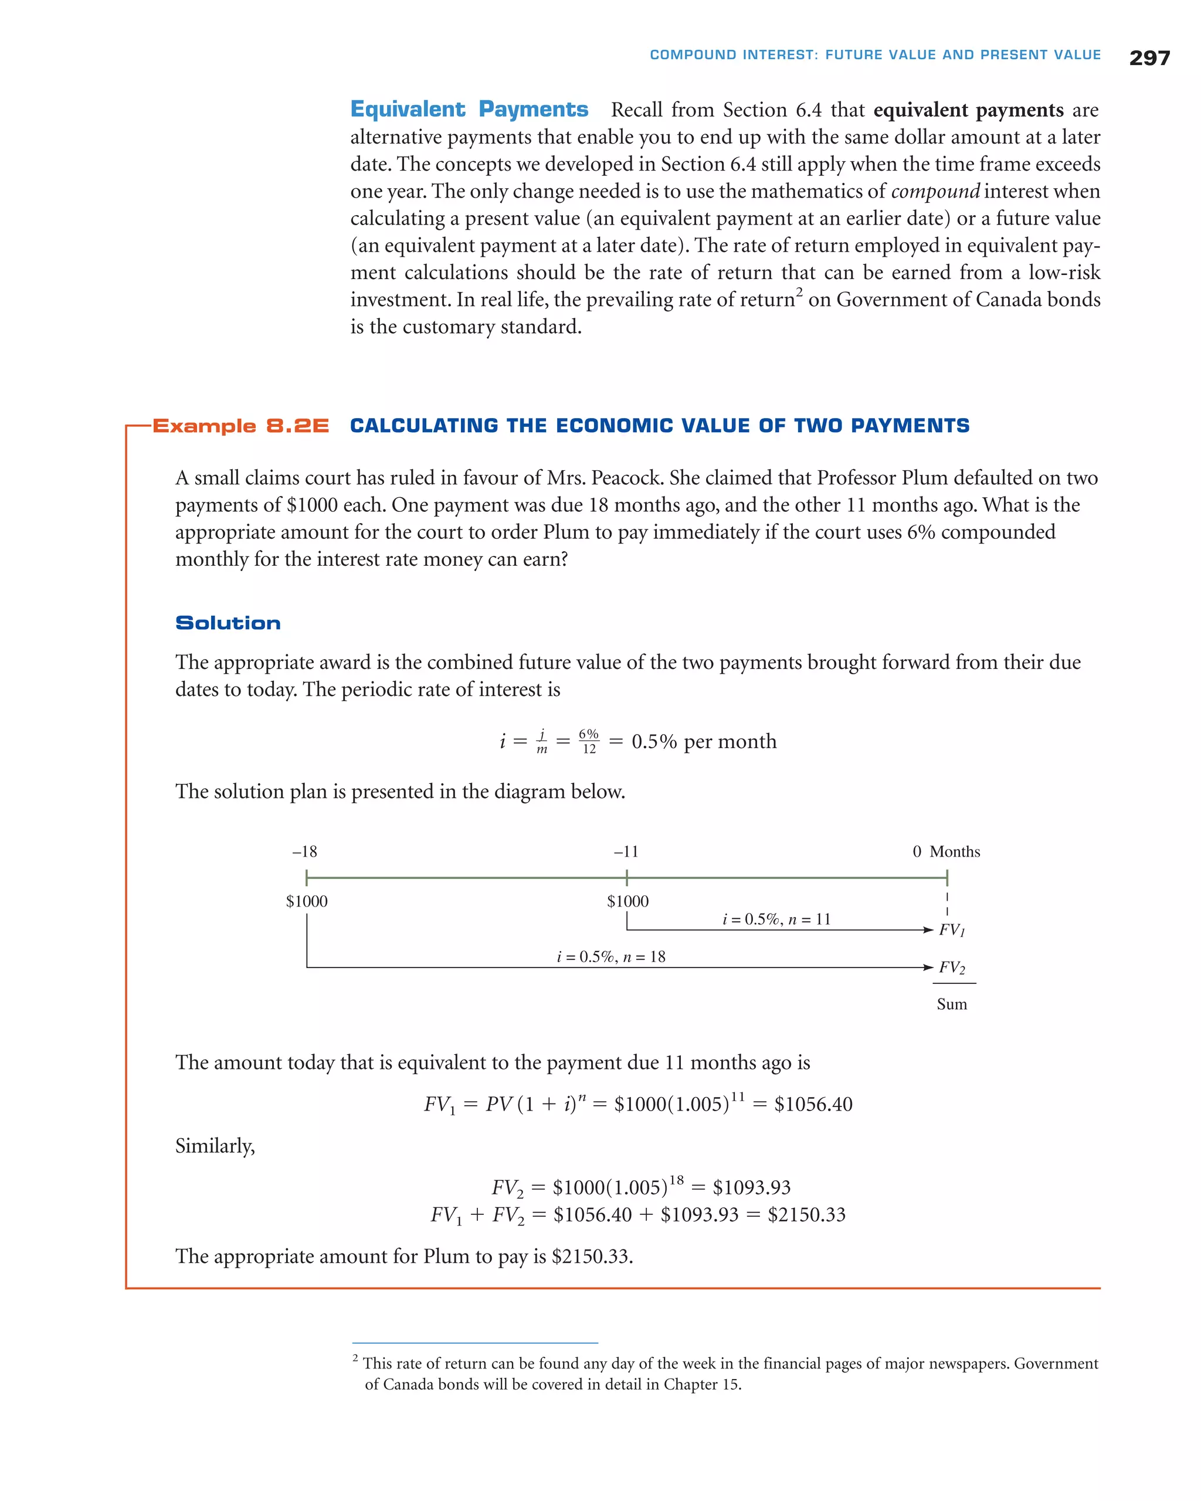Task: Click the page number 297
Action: pyautogui.click(x=1149, y=58)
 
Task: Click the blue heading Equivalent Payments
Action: pyautogui.click(x=469, y=109)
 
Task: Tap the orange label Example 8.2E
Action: pyautogui.click(x=240, y=425)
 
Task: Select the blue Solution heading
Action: pyautogui.click(x=228, y=623)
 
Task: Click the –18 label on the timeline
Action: pyautogui.click(x=304, y=851)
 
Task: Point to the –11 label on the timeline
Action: pyautogui.click(x=625, y=851)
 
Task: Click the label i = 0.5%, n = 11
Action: pyautogui.click(x=776, y=919)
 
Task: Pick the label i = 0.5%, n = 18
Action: pyautogui.click(x=610, y=956)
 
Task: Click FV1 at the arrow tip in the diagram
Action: pyautogui.click(x=952, y=930)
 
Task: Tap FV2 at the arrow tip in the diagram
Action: pyautogui.click(x=952, y=967)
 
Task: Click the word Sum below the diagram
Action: pyautogui.click(x=951, y=1004)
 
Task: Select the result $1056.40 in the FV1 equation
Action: pyautogui.click(x=813, y=1104)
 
